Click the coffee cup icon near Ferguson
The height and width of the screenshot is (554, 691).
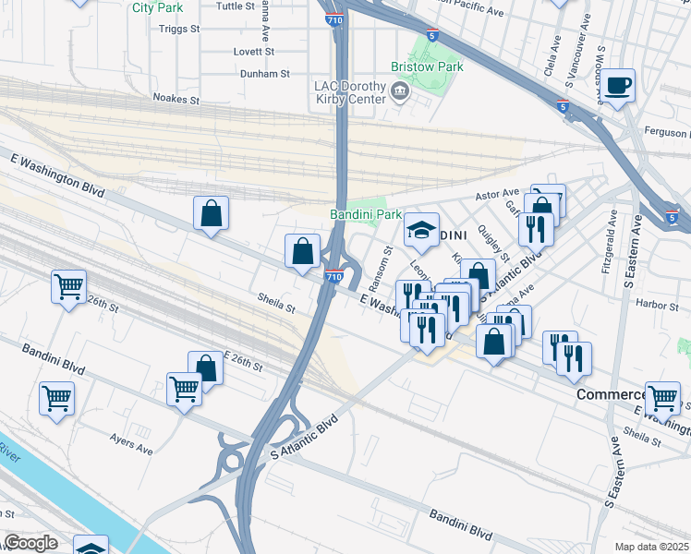point(619,85)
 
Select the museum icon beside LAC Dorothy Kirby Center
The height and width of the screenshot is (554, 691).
point(400,90)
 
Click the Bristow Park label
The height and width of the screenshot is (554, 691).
point(426,67)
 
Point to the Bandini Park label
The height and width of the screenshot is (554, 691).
point(366,214)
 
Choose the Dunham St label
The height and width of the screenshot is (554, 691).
point(264,73)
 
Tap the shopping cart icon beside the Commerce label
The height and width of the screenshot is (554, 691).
point(662,398)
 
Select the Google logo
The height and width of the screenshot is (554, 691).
point(30,543)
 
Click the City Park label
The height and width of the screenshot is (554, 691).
point(157,7)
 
